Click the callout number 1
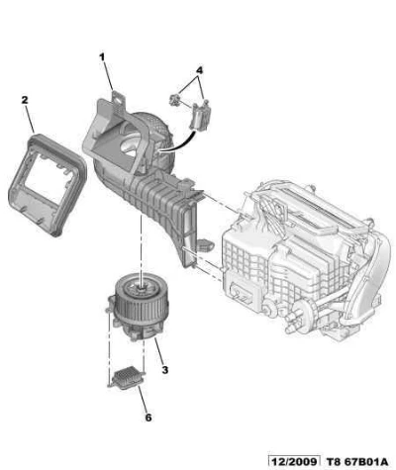[102, 57]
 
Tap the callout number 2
[25, 100]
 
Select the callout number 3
[165, 370]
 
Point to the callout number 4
[199, 70]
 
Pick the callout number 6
[148, 418]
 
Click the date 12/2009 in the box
[294, 461]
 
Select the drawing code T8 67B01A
[357, 462]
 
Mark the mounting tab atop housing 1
[117, 98]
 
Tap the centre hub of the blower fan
[141, 288]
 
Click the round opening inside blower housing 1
[131, 147]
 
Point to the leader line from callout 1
[108, 77]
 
